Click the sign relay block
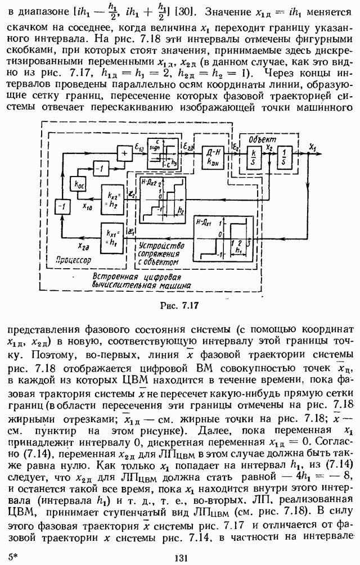pyautogui.click(x=162, y=153)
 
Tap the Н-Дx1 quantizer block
pyautogui.click(x=222, y=238)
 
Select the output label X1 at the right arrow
pyautogui.click(x=313, y=146)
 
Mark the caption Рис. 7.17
pyautogui.click(x=179, y=306)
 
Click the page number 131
pyautogui.click(x=180, y=558)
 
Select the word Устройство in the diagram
pyautogui.click(x=161, y=246)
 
